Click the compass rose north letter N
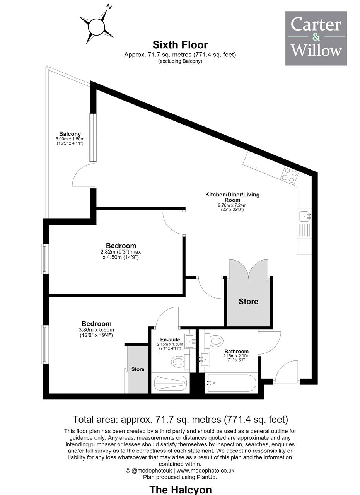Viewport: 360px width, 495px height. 109,7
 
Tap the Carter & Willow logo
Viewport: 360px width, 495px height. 316,38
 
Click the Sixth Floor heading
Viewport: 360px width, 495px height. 180,45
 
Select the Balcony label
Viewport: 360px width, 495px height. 70,134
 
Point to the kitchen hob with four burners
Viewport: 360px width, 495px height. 290,176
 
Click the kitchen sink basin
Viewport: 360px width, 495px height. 305,216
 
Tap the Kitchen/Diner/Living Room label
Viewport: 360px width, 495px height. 232,197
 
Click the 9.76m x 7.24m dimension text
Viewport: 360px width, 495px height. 232,205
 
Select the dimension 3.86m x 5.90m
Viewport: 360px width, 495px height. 96,330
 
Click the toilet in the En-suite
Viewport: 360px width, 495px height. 180,362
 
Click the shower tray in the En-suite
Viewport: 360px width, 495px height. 171,383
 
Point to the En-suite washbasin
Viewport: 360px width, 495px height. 190,341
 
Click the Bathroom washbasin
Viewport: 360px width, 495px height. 205,359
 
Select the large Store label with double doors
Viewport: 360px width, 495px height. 248,301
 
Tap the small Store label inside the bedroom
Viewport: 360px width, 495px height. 138,369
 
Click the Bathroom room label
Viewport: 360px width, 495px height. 237,352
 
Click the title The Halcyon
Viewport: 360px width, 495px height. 181,490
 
